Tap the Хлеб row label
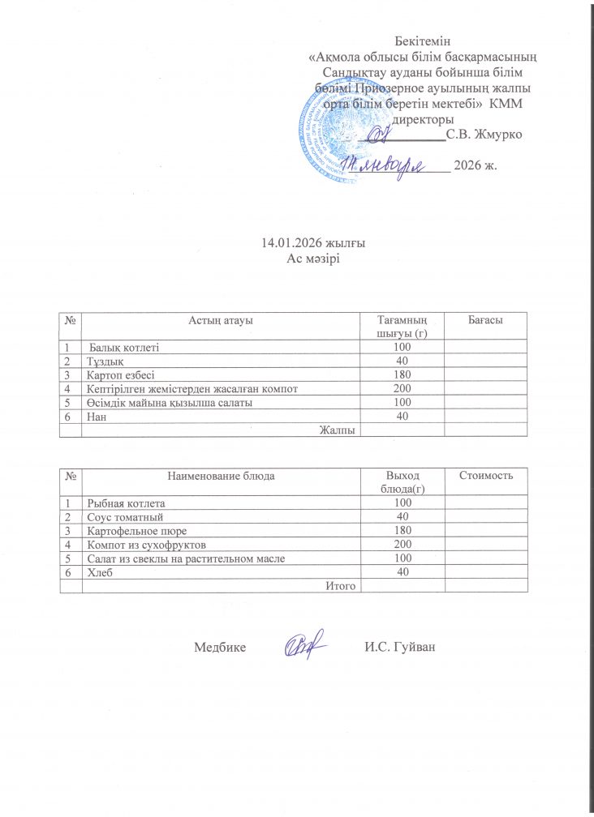click(99, 571)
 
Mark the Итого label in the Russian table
click(341, 585)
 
